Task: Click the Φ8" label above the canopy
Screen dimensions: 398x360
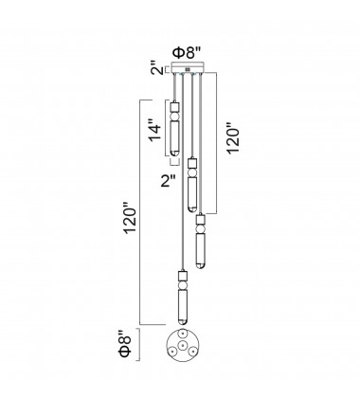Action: (x=185, y=53)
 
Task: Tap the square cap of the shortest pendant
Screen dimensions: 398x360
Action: (x=174, y=106)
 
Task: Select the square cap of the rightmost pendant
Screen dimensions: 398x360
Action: (x=201, y=220)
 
